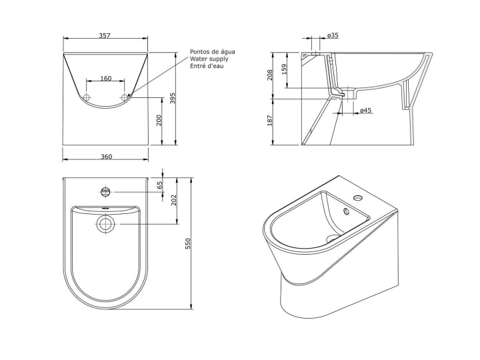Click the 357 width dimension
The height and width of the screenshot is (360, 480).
[105, 35]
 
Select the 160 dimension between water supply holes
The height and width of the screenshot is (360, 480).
[106, 79]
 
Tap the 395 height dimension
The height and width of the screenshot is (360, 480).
[173, 98]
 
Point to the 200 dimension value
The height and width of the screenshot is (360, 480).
[159, 121]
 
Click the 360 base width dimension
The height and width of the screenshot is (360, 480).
[107, 157]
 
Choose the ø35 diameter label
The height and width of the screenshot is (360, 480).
[333, 35]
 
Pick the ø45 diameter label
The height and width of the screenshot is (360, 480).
[366, 110]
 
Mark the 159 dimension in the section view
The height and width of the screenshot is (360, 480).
[285, 69]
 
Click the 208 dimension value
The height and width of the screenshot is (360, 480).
[270, 75]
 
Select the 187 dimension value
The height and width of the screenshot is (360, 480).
[270, 120]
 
